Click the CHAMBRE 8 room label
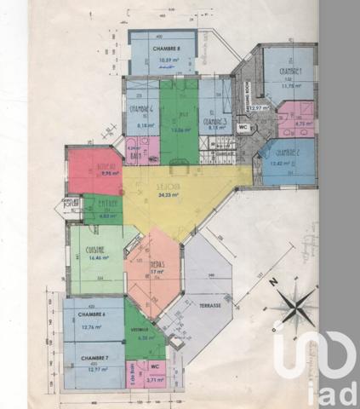tap(163, 49)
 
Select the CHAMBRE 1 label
tap(289, 72)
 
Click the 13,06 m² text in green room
tap(179, 130)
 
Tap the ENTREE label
tap(107, 204)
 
